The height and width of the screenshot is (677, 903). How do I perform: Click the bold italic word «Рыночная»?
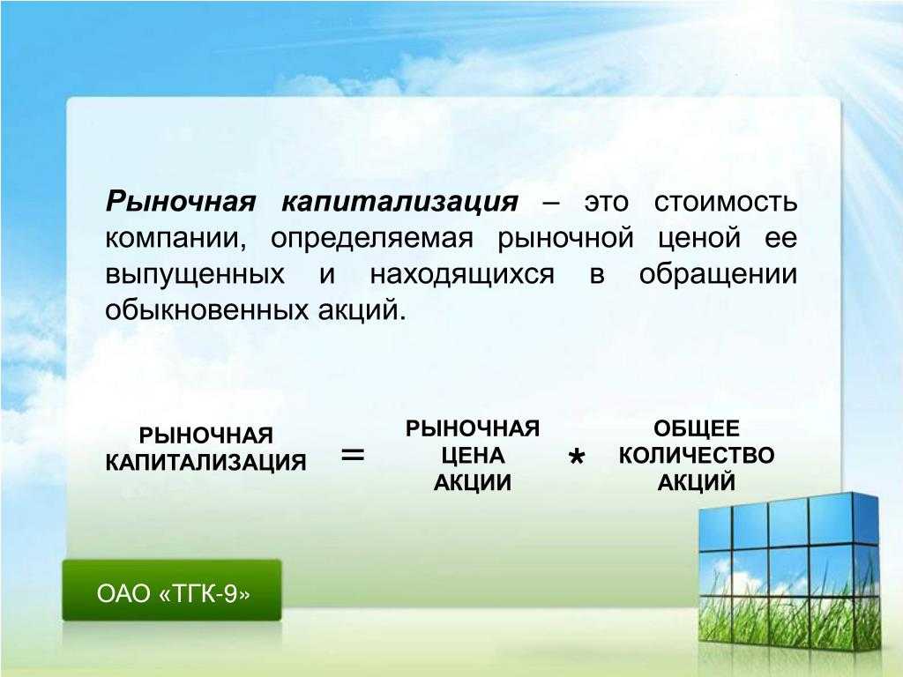click(180, 203)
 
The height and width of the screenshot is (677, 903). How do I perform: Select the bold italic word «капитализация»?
click(399, 203)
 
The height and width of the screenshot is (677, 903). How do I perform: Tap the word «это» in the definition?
click(607, 203)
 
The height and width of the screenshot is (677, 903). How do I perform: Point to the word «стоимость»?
click(726, 203)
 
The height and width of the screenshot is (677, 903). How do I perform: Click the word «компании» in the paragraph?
click(175, 238)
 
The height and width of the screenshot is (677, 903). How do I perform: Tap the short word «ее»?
click(781, 238)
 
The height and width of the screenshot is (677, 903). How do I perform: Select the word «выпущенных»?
click(195, 275)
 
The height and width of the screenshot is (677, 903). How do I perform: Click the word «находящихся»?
click(462, 275)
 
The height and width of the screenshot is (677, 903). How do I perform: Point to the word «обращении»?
click(718, 274)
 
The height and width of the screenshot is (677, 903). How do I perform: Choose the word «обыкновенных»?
click(207, 310)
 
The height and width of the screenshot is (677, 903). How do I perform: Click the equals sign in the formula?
click(353, 456)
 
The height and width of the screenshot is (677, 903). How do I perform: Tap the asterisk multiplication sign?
click(577, 458)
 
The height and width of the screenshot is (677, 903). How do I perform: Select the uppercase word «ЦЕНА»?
click(474, 456)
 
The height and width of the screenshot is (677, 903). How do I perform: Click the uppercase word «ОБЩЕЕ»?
click(697, 429)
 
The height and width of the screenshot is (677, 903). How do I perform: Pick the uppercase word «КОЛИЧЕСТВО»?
click(697, 456)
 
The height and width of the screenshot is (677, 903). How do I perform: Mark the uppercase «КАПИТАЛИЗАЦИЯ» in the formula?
click(205, 462)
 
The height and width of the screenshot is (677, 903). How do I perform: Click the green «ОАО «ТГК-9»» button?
click(172, 590)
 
